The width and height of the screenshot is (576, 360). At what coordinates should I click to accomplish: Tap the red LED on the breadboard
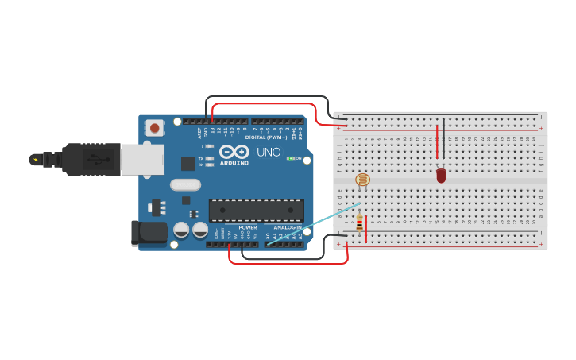441,175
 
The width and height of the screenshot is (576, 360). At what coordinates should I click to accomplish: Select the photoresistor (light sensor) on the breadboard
362,180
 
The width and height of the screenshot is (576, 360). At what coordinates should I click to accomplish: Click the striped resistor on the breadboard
359,223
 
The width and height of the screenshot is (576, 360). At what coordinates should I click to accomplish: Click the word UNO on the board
268,152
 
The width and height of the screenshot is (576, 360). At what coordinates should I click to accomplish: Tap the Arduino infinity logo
234,152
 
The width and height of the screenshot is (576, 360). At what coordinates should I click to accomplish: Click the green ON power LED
291,158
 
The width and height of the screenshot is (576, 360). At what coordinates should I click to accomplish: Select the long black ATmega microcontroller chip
256,210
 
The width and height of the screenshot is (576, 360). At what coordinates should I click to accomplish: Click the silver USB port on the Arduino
143,159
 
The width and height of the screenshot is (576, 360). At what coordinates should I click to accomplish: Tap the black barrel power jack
149,233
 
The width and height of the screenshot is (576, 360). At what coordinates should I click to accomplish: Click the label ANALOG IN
288,227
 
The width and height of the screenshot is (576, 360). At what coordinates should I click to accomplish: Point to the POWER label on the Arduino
248,227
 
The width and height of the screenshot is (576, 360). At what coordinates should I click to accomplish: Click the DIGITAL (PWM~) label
265,137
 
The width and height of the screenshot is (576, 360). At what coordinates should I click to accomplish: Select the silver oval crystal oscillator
185,185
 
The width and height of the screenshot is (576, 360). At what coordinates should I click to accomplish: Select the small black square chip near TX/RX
187,164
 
